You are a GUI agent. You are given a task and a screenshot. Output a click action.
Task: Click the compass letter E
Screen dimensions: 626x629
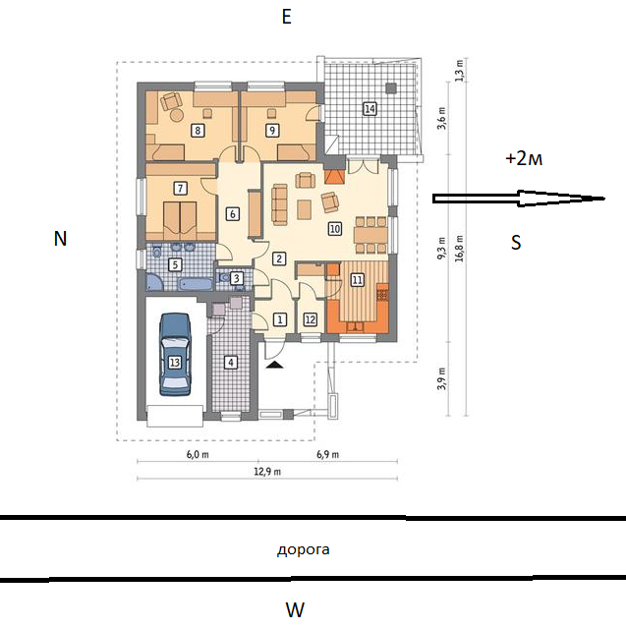(286, 18)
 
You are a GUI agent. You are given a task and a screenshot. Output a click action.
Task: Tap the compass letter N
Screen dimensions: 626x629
(60, 239)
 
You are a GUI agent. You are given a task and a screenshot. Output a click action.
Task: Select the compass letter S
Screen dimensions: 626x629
(516, 243)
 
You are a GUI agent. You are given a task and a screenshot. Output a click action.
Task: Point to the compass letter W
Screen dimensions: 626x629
(295, 609)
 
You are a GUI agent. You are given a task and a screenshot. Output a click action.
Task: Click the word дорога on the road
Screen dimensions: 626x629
(304, 550)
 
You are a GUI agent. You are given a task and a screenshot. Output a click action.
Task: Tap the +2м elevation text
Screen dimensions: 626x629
(524, 159)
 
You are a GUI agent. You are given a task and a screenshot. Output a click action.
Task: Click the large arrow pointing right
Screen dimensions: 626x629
(519, 199)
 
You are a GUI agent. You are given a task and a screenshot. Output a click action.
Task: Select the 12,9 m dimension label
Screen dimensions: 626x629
(267, 472)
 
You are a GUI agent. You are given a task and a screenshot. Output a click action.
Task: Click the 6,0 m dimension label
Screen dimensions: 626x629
(198, 454)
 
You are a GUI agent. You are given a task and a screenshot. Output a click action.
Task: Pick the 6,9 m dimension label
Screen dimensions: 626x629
(327, 454)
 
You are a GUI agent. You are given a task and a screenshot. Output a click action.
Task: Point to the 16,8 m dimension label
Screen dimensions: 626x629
(459, 249)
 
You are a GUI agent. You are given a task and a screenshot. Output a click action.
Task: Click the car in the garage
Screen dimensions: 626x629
(175, 355)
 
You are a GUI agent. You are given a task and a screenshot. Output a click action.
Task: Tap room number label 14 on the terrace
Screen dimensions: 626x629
(370, 109)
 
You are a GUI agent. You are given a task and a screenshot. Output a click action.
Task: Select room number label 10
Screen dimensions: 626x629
(335, 229)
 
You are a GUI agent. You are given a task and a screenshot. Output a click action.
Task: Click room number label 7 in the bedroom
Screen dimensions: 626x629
(181, 188)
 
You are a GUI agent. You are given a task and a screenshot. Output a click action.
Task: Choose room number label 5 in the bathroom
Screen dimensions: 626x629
(175, 264)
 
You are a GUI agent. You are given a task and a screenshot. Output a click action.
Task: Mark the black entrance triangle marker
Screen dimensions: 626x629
(274, 365)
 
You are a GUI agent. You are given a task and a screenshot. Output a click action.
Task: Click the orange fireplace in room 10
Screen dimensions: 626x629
(334, 176)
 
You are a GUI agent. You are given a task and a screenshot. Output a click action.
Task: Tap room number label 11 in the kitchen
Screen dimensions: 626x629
(358, 279)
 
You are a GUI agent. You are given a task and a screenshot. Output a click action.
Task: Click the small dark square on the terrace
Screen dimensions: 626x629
(391, 87)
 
